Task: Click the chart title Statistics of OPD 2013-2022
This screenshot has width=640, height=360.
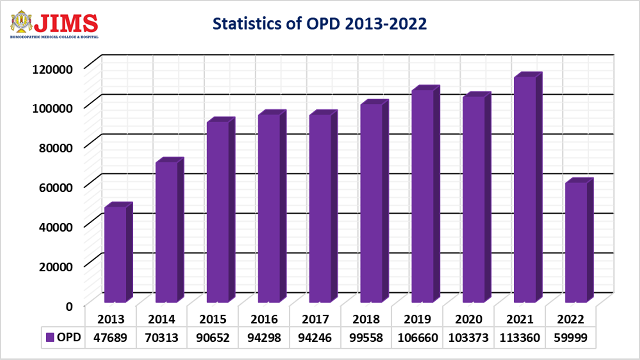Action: (x=320, y=24)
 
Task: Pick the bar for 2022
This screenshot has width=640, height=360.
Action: (x=576, y=242)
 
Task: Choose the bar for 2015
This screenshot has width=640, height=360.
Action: (x=217, y=212)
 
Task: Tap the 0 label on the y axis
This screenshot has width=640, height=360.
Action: (x=69, y=305)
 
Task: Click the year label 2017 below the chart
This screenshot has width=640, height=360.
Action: (x=320, y=319)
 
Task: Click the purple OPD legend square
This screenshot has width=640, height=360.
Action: (x=50, y=337)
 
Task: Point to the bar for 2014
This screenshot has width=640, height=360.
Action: (x=166, y=232)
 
